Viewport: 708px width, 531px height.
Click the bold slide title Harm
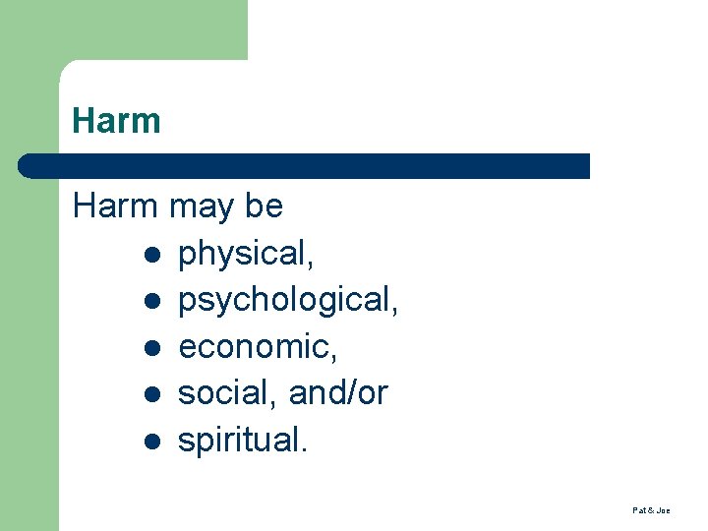(x=116, y=122)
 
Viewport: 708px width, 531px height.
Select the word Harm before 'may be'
(x=115, y=206)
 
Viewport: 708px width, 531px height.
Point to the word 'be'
(x=264, y=206)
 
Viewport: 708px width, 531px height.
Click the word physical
(x=246, y=254)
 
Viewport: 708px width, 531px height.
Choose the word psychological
(x=288, y=301)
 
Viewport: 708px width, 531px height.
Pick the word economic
(x=252, y=347)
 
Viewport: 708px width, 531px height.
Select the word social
(x=227, y=393)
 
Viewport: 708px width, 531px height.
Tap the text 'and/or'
(x=338, y=393)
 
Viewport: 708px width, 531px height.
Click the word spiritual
(x=242, y=441)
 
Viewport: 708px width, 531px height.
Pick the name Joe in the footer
(x=664, y=511)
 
